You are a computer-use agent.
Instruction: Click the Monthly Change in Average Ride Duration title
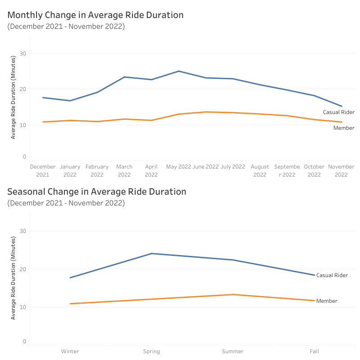96,15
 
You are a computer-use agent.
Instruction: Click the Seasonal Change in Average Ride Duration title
97,191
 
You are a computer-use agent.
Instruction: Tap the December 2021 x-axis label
43,171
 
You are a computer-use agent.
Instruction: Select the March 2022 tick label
124,171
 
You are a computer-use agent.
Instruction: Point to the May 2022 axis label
178,167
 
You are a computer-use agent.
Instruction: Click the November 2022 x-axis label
341,171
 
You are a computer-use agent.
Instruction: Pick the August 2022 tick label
260,171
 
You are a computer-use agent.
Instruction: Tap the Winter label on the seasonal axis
70,351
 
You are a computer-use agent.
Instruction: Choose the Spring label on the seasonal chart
151,351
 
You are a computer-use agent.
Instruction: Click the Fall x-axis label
314,351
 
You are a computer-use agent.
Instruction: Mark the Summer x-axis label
232,351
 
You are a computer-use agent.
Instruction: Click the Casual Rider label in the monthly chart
339,112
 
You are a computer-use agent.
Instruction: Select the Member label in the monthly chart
344,128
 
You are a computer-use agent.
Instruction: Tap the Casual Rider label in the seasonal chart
332,275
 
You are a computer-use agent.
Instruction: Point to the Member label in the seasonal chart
327,301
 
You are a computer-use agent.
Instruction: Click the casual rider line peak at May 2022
179,71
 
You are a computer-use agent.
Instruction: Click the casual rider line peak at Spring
151,254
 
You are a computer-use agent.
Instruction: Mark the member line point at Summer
233,294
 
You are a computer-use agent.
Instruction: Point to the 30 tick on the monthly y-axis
23,54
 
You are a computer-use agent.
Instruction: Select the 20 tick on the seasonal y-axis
23,269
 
